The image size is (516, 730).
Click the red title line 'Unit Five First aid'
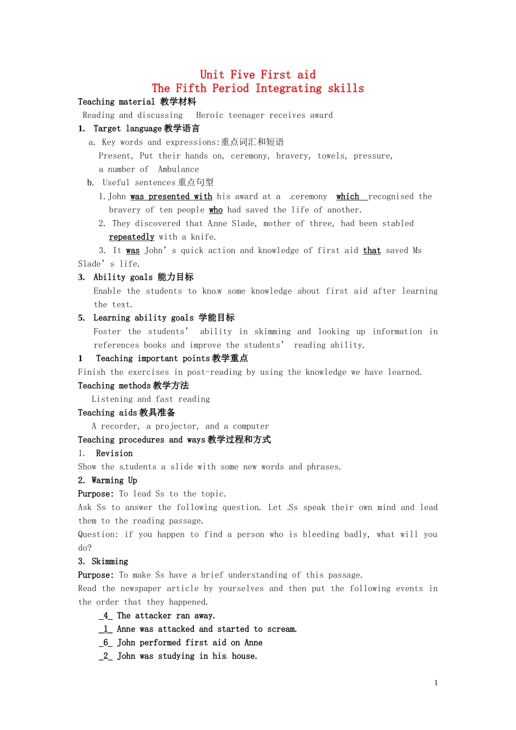(257, 75)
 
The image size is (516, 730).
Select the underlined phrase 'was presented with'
(171, 197)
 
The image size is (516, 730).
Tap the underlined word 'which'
(348, 197)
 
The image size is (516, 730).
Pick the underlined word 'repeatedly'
(131, 237)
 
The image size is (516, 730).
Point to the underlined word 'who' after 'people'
(216, 210)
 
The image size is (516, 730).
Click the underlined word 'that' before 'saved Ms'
(372, 250)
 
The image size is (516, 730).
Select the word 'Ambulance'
(178, 169)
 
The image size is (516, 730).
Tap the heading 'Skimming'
(110, 562)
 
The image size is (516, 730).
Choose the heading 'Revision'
(114, 454)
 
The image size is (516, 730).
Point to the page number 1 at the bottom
(436, 683)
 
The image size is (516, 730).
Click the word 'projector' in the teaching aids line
(177, 426)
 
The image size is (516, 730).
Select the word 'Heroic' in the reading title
(210, 115)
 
